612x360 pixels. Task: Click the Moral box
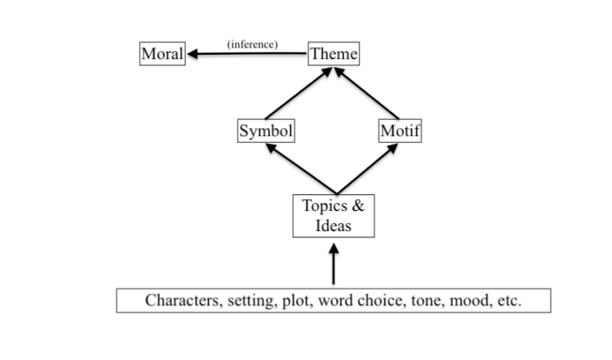[163, 54]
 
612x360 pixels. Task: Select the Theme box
[334, 54]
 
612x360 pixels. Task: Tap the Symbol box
[266, 131]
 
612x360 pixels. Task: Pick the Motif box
[399, 131]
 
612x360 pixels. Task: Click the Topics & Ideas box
[333, 216]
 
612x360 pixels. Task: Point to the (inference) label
[253, 44]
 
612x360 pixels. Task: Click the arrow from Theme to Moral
[247, 54]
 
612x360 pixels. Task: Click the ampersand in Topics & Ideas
[358, 205]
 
